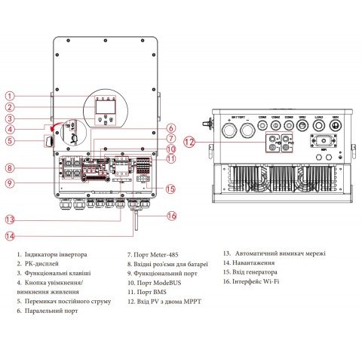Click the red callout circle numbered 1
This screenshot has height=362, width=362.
pos(10,96)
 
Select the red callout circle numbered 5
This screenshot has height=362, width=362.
pos(10,140)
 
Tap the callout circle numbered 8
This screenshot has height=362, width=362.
pos(10,167)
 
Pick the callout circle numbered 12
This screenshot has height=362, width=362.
pos(190,141)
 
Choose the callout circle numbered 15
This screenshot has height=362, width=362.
pos(171,189)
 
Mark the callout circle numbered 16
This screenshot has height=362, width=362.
pos(171,216)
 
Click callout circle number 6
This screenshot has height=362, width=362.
pos(171,127)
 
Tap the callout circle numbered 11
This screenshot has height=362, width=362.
pos(171,158)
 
